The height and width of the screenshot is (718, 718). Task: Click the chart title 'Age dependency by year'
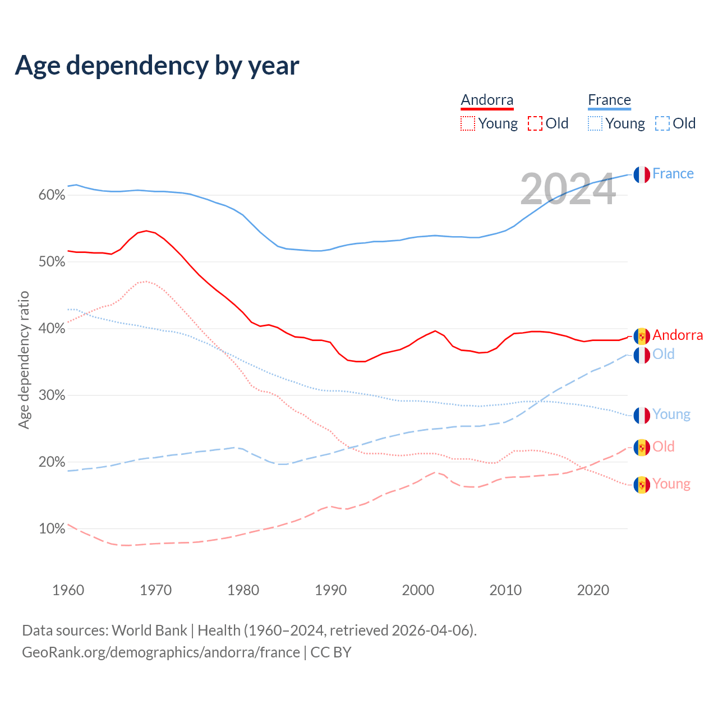click(157, 66)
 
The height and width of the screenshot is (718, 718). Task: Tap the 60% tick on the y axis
click(52, 195)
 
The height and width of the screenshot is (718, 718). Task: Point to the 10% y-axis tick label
click(52, 528)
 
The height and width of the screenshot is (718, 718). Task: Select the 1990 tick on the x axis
click(330, 590)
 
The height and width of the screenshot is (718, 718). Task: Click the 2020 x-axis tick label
click(593, 590)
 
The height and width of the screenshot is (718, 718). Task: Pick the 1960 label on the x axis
click(68, 590)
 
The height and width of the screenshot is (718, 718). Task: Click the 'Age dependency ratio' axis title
click(24, 360)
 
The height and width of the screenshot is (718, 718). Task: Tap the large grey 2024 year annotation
click(568, 190)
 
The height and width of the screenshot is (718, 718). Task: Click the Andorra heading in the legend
click(487, 100)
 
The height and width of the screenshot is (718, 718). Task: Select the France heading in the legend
click(609, 100)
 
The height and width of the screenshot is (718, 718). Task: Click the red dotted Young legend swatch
click(468, 123)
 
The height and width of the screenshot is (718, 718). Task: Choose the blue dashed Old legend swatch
click(662, 123)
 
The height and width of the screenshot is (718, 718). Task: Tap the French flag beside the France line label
click(642, 174)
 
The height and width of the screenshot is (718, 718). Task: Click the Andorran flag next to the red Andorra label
click(642, 336)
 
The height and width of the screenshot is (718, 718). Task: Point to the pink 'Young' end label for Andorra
click(671, 484)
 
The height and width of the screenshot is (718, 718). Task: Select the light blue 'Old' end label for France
click(664, 354)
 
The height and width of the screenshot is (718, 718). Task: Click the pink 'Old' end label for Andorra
click(664, 447)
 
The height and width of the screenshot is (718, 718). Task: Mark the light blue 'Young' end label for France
click(671, 415)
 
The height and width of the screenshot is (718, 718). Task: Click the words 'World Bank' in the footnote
click(149, 630)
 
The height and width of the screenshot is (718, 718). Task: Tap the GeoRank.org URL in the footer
click(161, 652)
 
